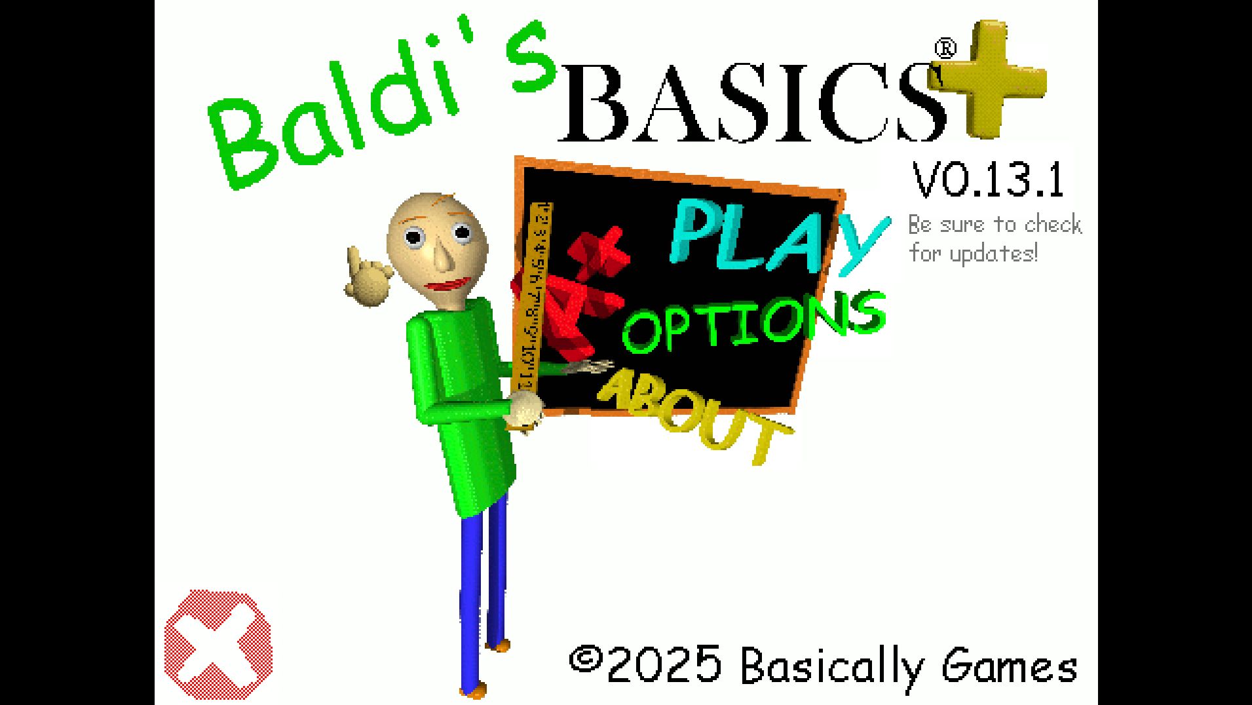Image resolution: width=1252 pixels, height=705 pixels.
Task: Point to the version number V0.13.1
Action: (988, 180)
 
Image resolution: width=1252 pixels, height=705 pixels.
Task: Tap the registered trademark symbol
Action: (944, 48)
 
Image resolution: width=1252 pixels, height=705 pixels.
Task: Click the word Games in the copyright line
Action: (1009, 667)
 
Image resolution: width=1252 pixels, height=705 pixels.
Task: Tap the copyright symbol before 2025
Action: (585, 658)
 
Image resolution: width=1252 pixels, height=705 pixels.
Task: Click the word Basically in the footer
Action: (831, 667)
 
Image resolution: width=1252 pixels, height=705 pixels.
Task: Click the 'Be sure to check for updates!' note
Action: (995, 238)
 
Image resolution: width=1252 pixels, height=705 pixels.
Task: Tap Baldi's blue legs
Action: (484, 590)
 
